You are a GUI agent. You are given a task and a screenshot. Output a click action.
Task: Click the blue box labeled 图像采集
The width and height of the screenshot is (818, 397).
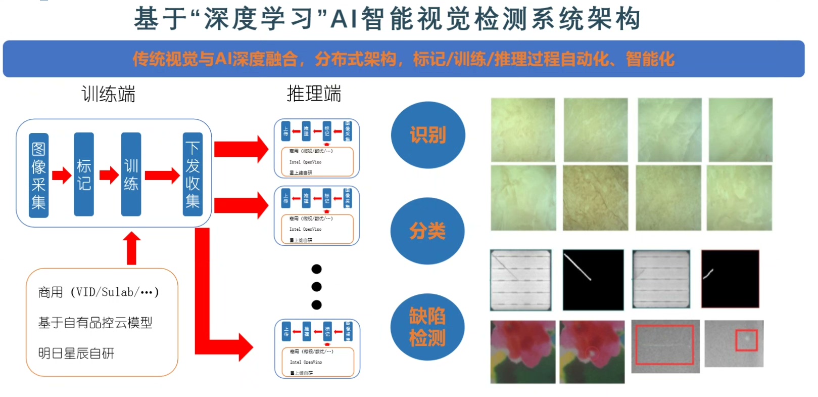pyautogui.click(x=38, y=175)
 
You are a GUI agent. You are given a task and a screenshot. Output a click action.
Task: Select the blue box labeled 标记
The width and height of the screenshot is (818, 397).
pyautogui.click(x=84, y=174)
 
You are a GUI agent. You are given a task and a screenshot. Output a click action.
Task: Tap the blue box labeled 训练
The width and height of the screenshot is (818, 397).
pyautogui.click(x=131, y=174)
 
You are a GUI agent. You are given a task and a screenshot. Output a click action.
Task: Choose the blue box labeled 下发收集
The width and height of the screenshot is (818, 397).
pyautogui.click(x=193, y=174)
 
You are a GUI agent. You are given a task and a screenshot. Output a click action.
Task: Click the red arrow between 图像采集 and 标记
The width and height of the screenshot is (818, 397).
pyautogui.click(x=62, y=175)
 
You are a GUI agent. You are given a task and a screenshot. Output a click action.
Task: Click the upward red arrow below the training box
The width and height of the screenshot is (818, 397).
pyautogui.click(x=132, y=248)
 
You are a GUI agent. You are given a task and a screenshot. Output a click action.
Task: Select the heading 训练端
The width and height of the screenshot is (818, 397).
pyautogui.click(x=108, y=95)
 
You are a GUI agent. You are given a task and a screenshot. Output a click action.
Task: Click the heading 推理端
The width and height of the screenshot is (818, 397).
pyautogui.click(x=314, y=94)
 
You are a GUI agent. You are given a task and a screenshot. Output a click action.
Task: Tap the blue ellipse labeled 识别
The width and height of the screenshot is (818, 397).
pyautogui.click(x=427, y=135)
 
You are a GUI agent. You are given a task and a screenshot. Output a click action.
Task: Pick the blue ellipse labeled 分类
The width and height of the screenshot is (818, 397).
pyautogui.click(x=427, y=231)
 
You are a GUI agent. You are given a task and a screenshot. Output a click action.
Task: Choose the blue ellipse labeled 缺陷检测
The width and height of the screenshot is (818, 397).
pyautogui.click(x=427, y=327)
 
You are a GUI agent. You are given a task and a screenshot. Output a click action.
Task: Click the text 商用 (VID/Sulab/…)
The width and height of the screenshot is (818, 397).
pyautogui.click(x=99, y=292)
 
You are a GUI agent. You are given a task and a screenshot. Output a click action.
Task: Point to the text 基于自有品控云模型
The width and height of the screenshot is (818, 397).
pyautogui.click(x=95, y=323)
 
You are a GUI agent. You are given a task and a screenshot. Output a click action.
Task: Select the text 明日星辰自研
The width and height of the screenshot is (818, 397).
pyautogui.click(x=76, y=353)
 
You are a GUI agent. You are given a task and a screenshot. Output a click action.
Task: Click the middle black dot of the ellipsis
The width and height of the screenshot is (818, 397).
pyautogui.click(x=317, y=287)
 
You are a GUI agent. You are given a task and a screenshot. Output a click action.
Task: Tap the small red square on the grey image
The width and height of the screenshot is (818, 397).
pyautogui.click(x=746, y=340)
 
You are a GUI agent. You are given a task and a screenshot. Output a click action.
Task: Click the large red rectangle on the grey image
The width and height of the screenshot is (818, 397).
pyautogui.click(x=664, y=344)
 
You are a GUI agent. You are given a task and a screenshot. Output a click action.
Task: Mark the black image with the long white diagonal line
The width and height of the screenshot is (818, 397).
pyautogui.click(x=593, y=280)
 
